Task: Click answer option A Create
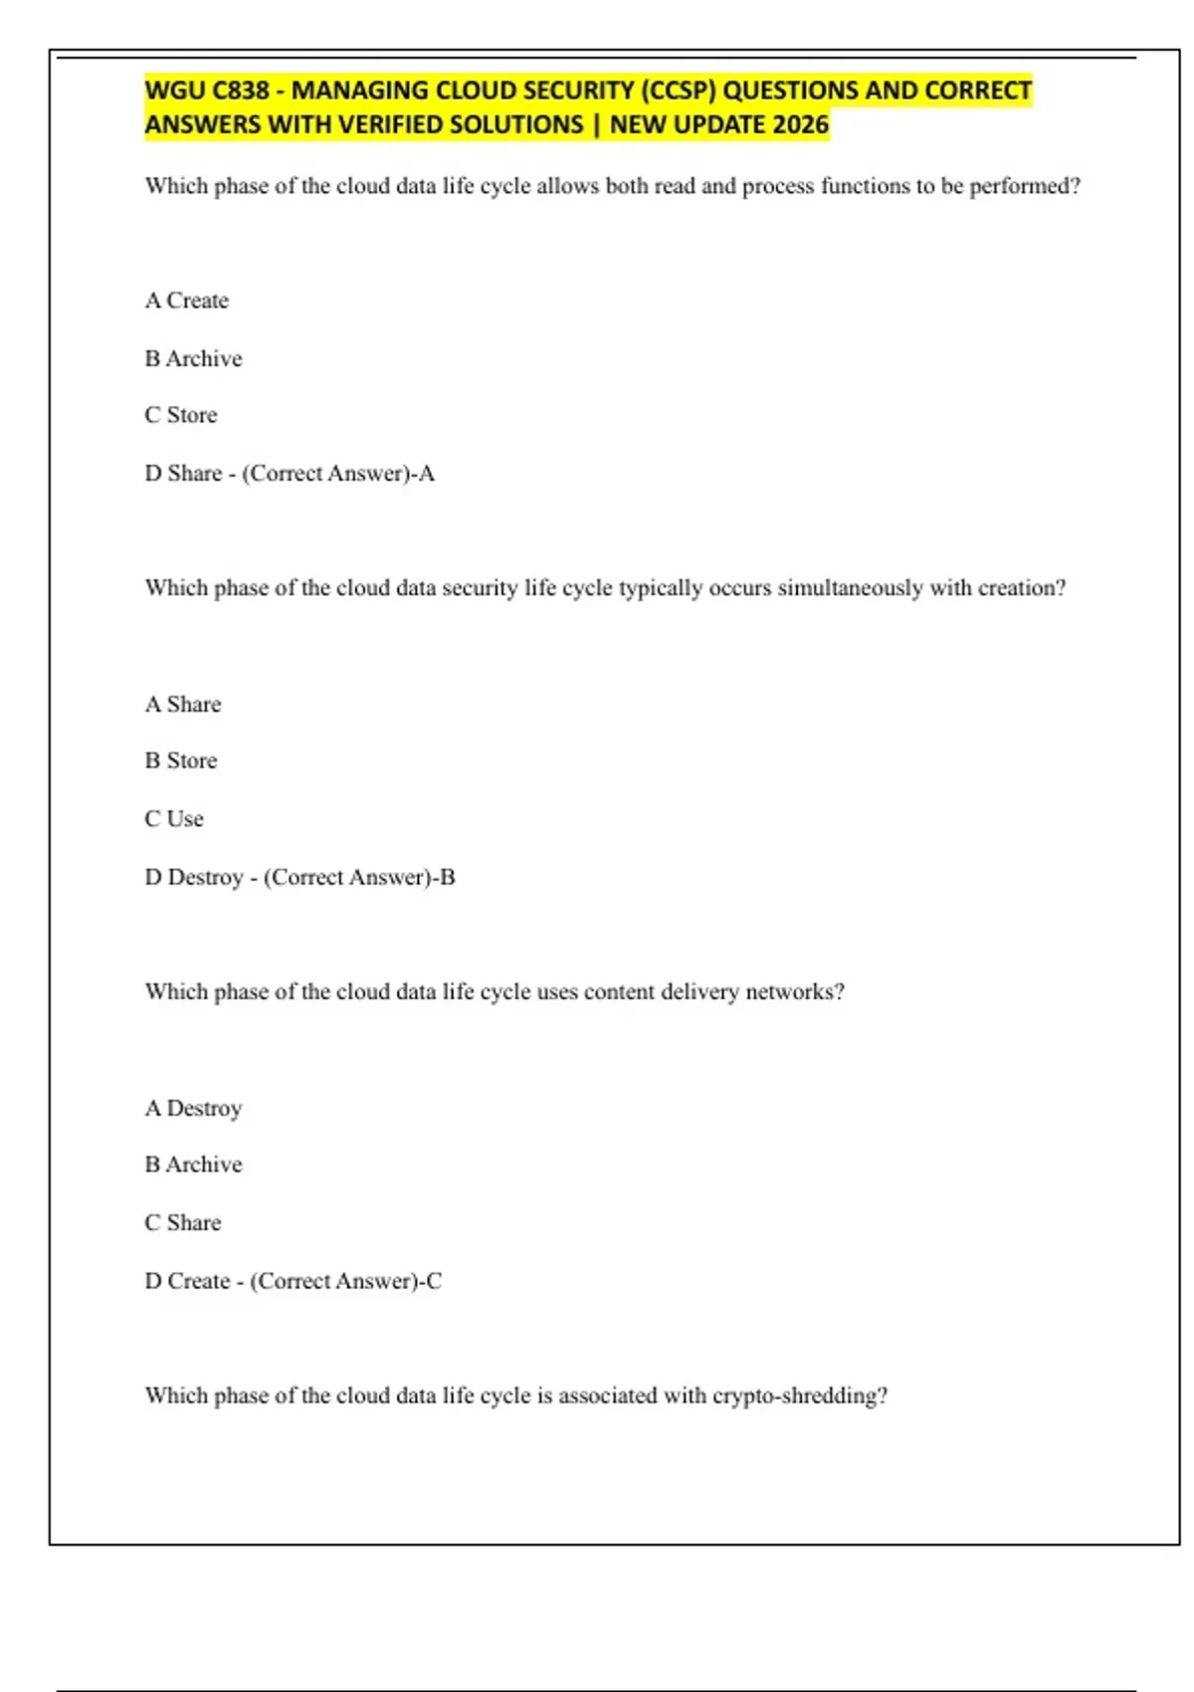point(187,301)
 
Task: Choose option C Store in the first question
point(181,415)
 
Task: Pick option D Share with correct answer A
point(183,474)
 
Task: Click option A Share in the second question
point(183,705)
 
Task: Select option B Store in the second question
point(181,761)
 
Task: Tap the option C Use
point(174,819)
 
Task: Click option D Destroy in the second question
point(194,878)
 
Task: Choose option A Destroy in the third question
point(194,1109)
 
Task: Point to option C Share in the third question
point(183,1223)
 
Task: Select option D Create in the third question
point(188,1282)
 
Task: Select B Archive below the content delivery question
point(194,1164)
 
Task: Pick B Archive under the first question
point(194,358)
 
